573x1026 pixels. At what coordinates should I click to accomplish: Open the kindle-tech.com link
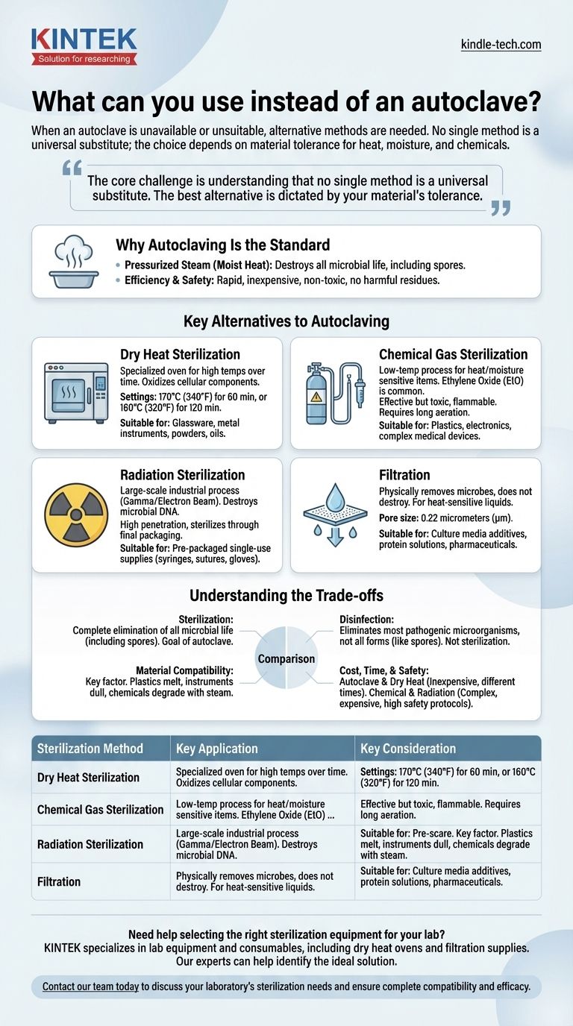501,45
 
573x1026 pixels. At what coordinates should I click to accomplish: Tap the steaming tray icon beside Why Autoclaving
73,262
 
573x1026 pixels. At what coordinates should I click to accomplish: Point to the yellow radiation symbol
76,514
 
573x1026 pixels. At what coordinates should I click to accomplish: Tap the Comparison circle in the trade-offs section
286,659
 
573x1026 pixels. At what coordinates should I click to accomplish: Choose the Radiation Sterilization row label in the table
90,844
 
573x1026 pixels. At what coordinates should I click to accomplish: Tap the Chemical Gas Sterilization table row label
100,809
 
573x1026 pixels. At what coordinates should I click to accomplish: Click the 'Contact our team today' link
90,986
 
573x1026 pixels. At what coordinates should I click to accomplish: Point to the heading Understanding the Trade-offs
286,595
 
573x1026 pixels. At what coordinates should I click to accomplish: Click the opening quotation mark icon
72,169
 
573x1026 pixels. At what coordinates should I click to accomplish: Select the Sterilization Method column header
90,749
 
